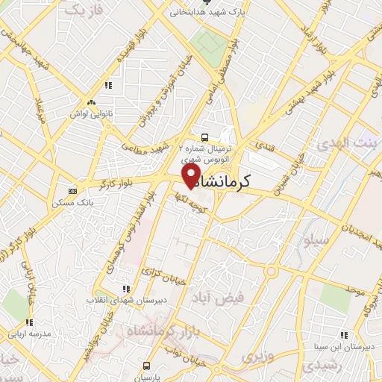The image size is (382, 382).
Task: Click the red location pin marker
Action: [x=190, y=175]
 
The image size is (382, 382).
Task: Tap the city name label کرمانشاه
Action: [x=245, y=181]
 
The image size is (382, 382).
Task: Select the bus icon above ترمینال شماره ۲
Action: [x=204, y=137]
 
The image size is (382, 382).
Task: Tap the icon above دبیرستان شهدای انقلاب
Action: [x=125, y=288]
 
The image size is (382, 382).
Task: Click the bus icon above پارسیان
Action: [x=146, y=366]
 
